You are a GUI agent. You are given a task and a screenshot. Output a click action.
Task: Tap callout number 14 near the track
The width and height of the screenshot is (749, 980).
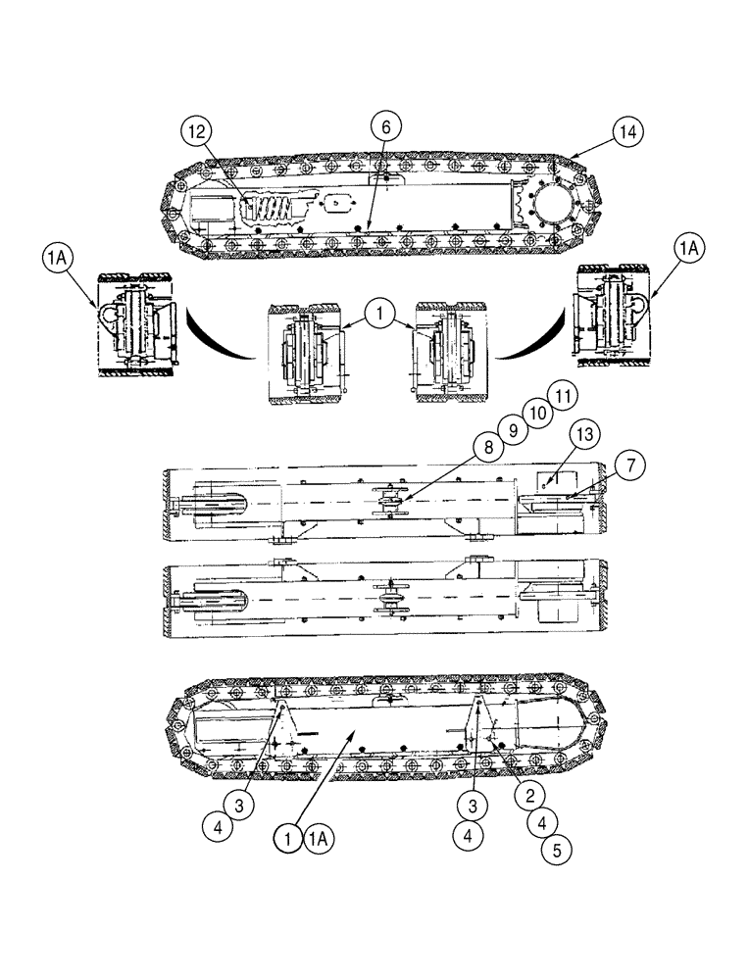(628, 131)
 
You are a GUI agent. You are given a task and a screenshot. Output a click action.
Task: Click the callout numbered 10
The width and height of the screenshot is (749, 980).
(535, 412)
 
